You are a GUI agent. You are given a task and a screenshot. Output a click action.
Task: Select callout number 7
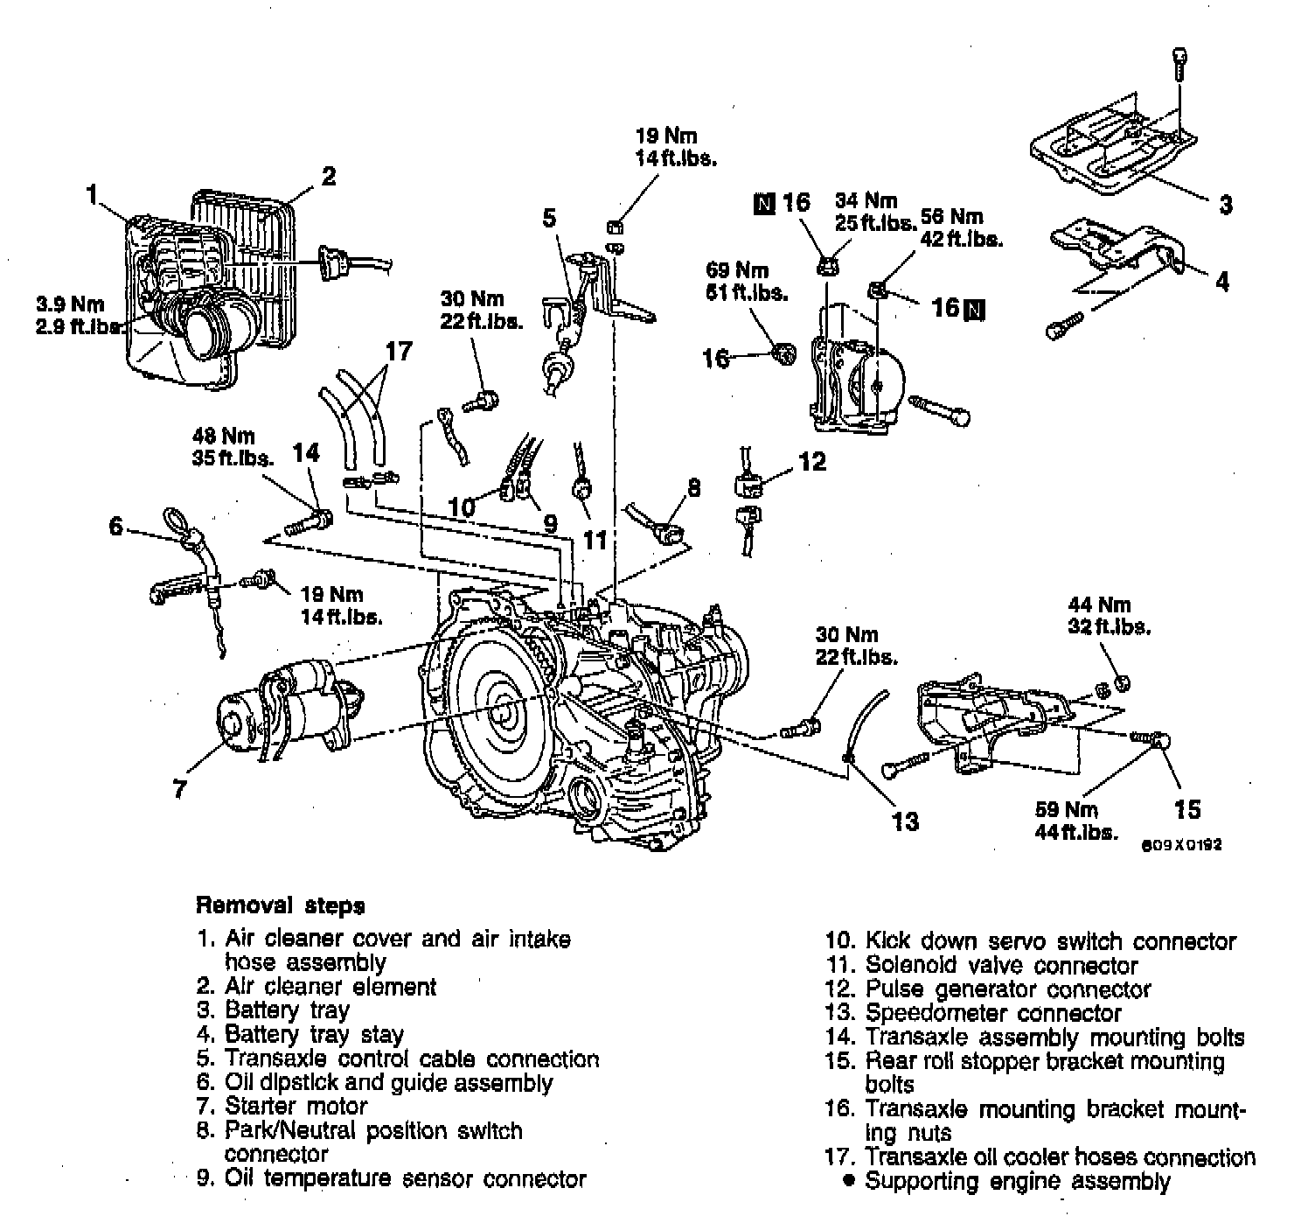tap(179, 788)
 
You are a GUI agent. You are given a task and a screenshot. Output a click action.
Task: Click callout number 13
tap(906, 821)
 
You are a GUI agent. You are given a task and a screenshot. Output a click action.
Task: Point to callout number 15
tap(1186, 809)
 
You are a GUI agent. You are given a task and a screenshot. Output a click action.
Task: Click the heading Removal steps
tap(280, 905)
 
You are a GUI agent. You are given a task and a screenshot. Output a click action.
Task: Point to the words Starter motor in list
tap(296, 1107)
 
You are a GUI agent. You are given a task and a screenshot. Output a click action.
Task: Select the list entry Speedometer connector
tap(992, 1013)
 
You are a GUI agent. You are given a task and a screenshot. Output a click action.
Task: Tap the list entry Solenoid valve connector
tap(1001, 966)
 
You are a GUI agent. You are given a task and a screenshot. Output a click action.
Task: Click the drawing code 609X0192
tap(1181, 845)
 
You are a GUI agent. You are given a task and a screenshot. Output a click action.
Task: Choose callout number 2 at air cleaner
tap(327, 176)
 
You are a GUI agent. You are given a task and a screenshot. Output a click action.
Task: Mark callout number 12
tap(811, 461)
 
